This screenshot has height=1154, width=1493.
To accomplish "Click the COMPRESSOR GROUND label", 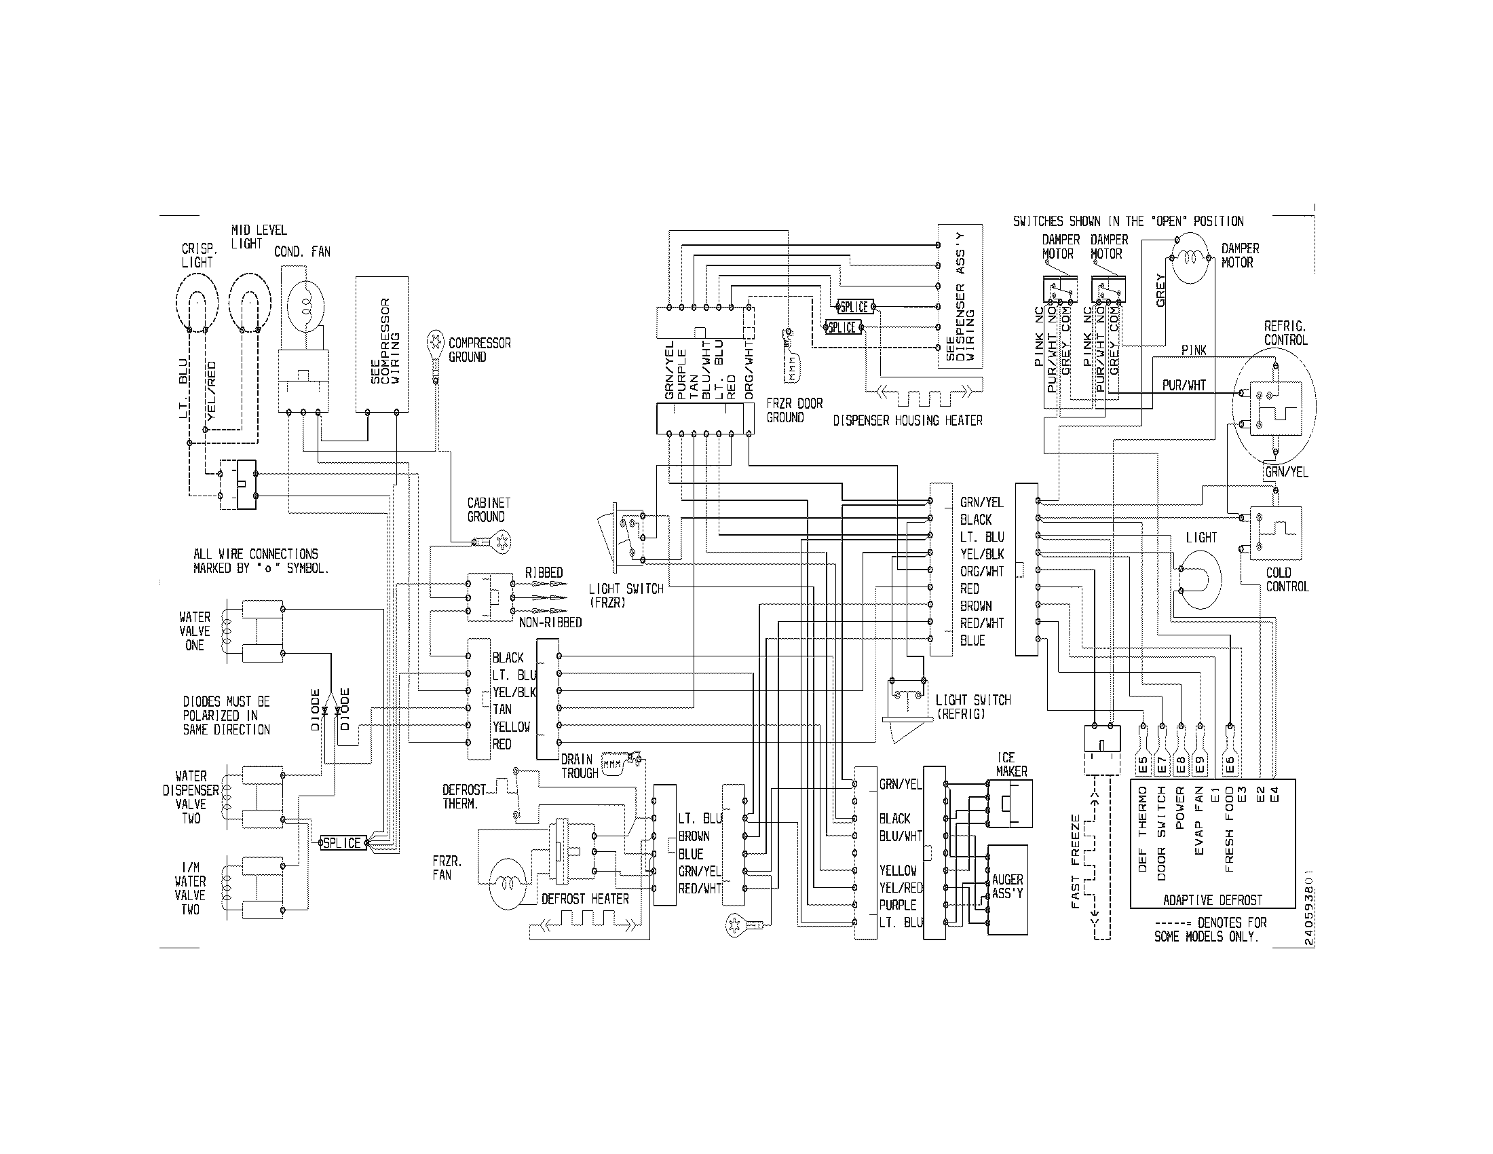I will tap(479, 350).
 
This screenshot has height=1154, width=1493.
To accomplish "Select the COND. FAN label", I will tap(302, 252).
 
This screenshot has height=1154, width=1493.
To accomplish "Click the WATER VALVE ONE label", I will tap(195, 631).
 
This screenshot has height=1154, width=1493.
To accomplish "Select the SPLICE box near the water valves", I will tap(342, 843).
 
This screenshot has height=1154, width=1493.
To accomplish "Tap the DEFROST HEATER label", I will tap(584, 899).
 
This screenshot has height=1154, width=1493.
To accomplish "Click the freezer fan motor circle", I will tap(508, 883).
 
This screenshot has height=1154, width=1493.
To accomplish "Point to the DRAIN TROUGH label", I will tap(579, 766).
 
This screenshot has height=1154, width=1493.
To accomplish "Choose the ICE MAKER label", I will tap(1010, 764).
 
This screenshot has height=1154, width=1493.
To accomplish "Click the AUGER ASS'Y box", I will tap(1007, 889).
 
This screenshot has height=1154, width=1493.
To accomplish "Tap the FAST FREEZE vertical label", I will tap(1076, 861).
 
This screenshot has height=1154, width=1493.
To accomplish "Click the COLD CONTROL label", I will tap(1287, 579).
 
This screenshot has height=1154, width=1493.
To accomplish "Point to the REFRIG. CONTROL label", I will tap(1285, 333).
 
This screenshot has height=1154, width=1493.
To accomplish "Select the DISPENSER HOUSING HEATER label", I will tap(907, 420).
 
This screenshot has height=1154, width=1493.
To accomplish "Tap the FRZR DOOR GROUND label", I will tap(794, 410).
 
